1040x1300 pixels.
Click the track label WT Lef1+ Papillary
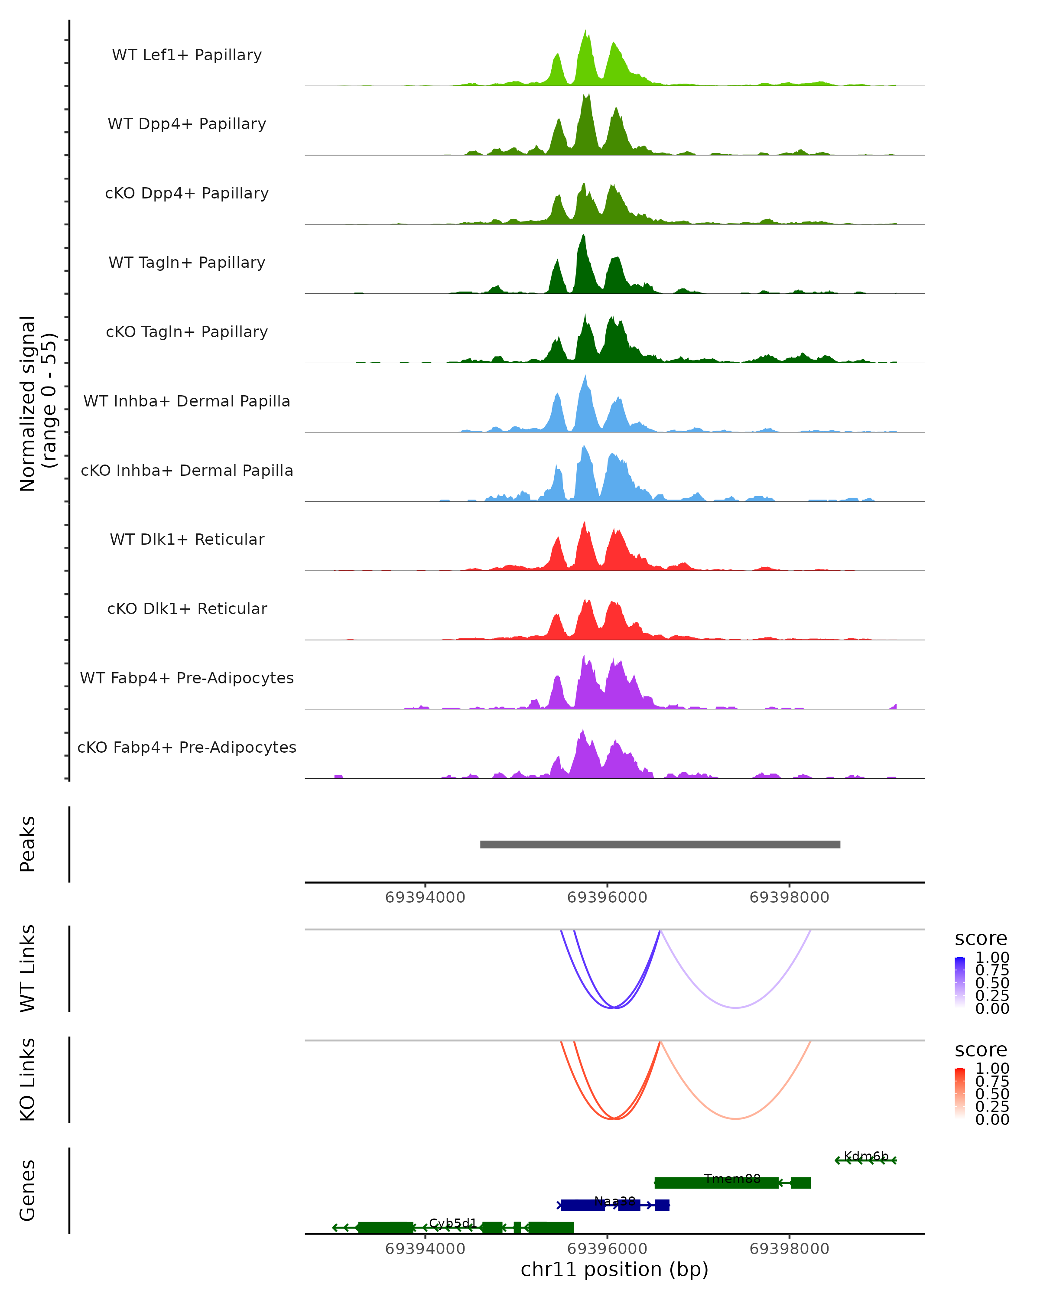187,55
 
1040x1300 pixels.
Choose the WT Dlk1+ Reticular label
187,539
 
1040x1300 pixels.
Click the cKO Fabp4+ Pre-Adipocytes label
187,747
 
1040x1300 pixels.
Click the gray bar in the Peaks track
660,844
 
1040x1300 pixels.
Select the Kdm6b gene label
866,1156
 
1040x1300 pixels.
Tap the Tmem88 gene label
732,1179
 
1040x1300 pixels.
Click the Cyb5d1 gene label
453,1223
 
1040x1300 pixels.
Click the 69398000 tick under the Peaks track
789,897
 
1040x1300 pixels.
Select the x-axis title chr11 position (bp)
614,1270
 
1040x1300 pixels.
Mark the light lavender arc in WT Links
735,1007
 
